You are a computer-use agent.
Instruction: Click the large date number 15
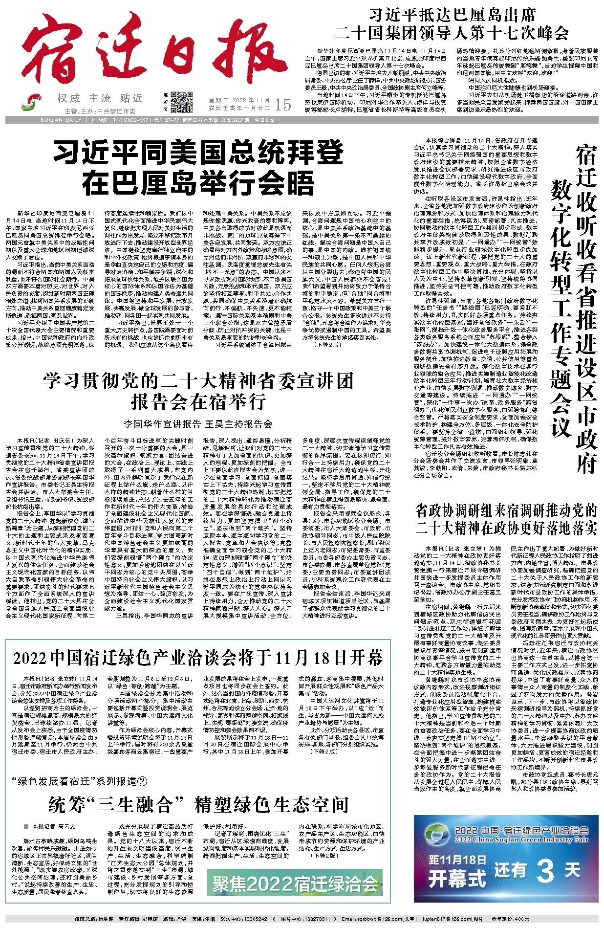(x=283, y=104)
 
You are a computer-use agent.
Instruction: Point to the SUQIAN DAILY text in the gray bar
(x=62, y=120)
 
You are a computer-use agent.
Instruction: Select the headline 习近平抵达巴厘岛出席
(x=452, y=14)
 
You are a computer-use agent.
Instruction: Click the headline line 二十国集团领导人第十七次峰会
(x=452, y=34)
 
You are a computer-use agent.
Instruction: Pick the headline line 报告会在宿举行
(x=198, y=402)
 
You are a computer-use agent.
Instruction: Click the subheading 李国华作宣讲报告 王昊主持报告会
(x=198, y=423)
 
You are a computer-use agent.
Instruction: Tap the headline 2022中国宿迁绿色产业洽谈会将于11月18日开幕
(x=198, y=658)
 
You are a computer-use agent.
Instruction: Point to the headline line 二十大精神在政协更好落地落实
(x=506, y=529)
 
